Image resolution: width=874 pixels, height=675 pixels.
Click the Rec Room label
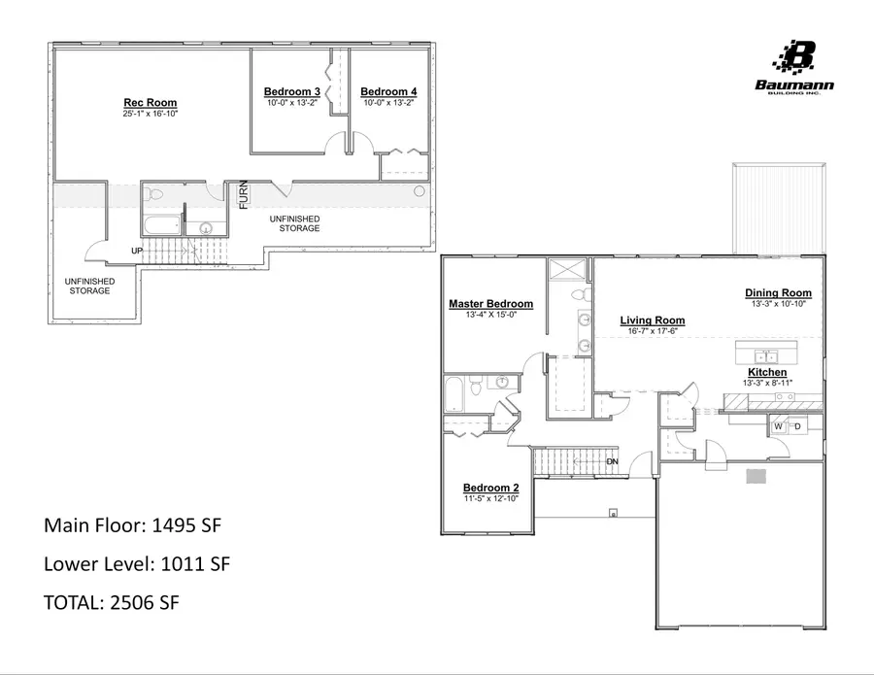point(150,103)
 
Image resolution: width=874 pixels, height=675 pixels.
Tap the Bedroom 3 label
point(292,91)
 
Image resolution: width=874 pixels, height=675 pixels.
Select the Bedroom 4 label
point(388,91)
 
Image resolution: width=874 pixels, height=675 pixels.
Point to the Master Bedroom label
point(490,304)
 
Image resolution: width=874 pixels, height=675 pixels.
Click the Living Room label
point(652,321)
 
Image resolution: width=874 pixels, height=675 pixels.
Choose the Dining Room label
point(778,292)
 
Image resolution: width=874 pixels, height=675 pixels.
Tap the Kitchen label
point(766,372)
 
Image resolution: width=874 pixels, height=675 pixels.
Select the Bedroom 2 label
point(490,488)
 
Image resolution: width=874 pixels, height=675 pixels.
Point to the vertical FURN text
point(244,194)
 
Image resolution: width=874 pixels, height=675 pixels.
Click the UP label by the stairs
point(137,252)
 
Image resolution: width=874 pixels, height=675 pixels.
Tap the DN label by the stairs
point(612,461)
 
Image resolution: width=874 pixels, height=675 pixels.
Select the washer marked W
point(778,426)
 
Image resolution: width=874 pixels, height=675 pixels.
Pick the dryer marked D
point(797,426)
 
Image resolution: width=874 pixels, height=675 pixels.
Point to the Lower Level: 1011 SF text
point(136,563)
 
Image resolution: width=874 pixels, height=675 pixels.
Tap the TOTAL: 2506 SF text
point(112,602)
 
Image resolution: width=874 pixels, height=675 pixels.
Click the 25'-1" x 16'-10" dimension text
point(150,115)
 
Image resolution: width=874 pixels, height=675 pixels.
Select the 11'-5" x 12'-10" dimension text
point(490,498)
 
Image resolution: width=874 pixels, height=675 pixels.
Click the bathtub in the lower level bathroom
point(161,227)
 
